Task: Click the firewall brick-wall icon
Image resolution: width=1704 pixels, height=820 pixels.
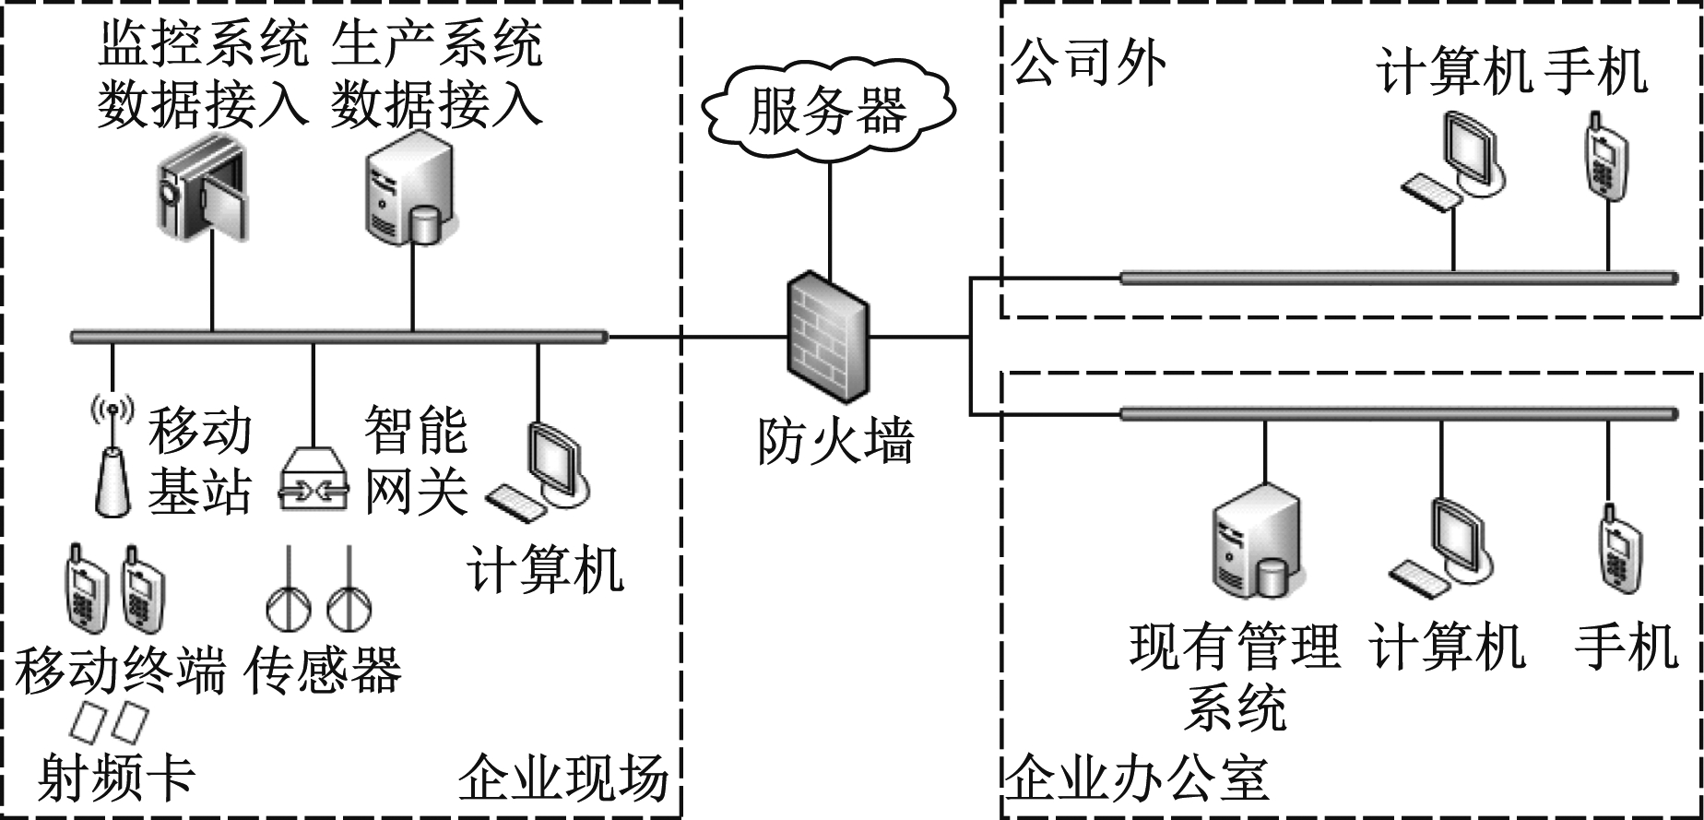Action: (x=827, y=332)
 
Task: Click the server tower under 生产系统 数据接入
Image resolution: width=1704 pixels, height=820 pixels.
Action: (x=408, y=192)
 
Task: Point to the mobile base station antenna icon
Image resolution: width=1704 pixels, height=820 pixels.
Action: (x=112, y=457)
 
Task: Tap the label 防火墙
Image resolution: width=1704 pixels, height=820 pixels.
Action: (x=835, y=441)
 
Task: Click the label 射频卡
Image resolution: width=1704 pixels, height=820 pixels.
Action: (x=116, y=778)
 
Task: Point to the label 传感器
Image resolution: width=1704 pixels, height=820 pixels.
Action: (x=323, y=671)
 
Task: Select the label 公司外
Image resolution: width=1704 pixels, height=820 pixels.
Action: (x=1088, y=62)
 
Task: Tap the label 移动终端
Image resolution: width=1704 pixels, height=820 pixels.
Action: (x=120, y=671)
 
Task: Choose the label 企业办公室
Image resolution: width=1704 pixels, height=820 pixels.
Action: (x=1136, y=779)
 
